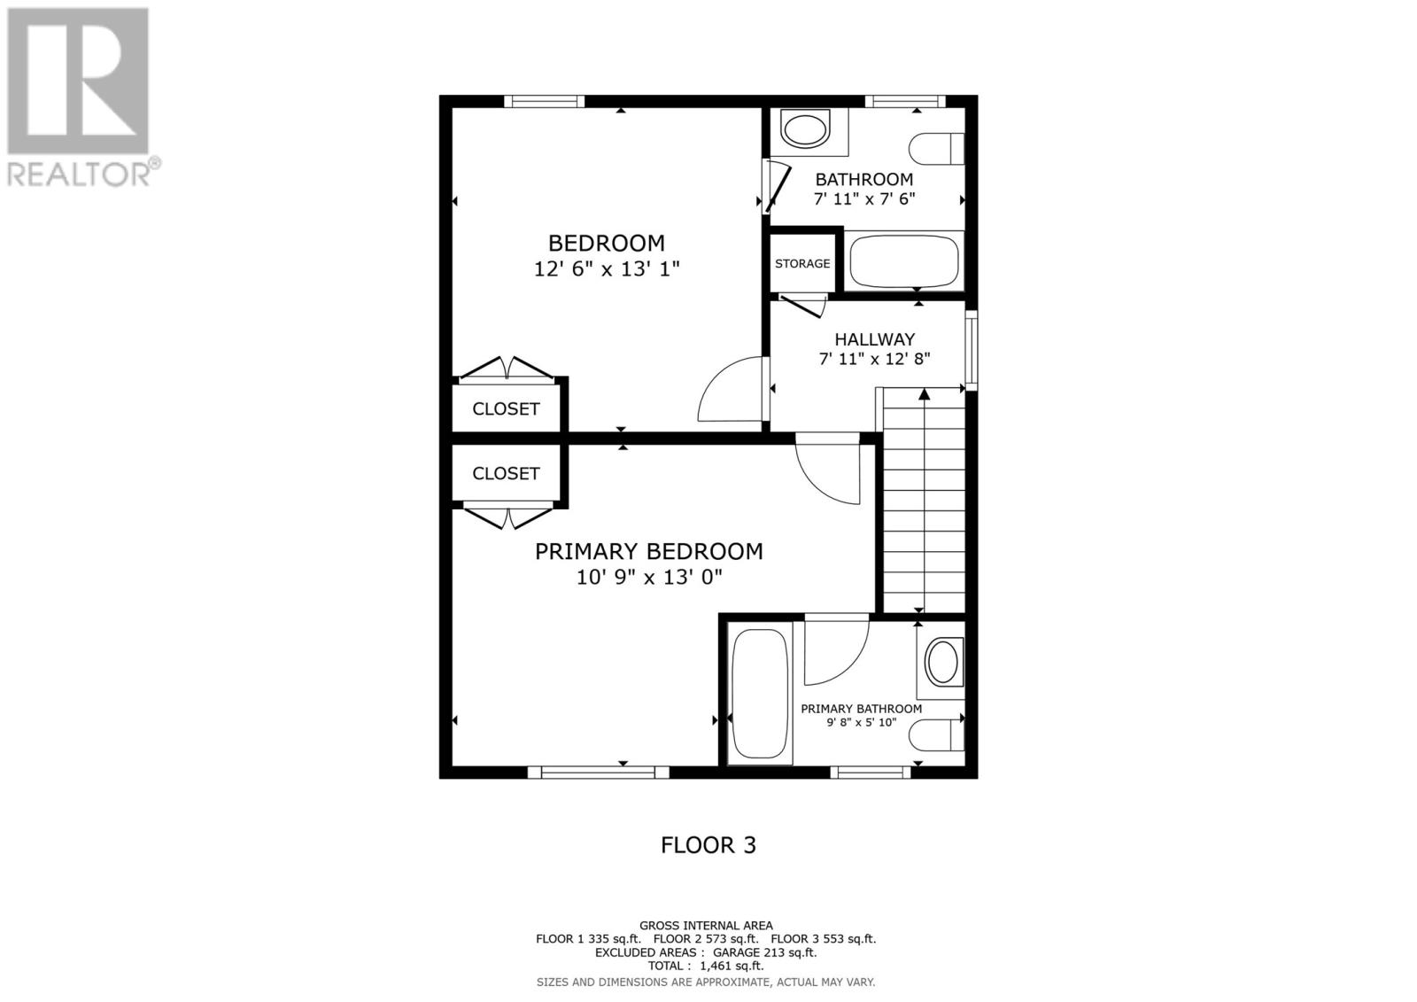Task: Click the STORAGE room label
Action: coord(802,263)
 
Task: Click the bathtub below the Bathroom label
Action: coord(905,260)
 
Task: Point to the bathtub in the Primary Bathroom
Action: coord(760,694)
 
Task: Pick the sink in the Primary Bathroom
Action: coord(942,662)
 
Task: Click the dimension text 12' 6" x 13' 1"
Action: coord(606,268)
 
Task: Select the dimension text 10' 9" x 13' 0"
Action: coord(648,578)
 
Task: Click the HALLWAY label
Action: coord(874,339)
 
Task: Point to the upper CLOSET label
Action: coord(506,409)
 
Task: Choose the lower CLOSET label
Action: coord(506,474)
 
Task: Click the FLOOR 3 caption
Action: coord(708,845)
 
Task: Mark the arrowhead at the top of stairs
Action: coord(924,394)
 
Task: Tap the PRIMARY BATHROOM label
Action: coord(861,709)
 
